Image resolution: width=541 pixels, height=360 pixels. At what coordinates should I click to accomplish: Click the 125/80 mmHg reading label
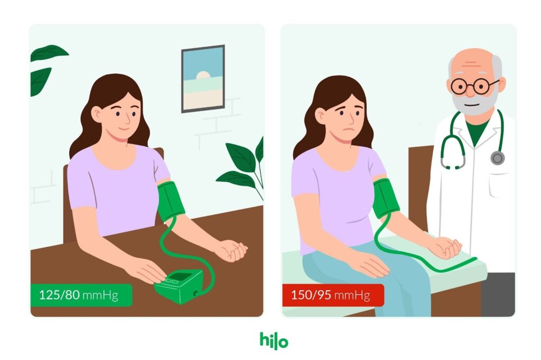[x=81, y=295]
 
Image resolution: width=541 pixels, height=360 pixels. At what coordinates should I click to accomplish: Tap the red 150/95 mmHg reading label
[x=333, y=295]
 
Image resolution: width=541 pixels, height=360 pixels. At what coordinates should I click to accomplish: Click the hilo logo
[x=274, y=340]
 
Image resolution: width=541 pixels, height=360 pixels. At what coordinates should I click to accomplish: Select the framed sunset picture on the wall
[x=203, y=79]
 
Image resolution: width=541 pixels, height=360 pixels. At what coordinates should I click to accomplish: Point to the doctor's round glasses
[x=474, y=86]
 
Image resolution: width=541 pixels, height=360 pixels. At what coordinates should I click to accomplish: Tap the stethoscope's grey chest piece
[x=497, y=158]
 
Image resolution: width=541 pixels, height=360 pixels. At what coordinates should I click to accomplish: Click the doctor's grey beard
[x=475, y=102]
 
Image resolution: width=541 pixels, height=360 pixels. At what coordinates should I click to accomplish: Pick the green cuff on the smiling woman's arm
[x=171, y=201]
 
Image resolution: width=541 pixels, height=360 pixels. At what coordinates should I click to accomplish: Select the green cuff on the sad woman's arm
[x=386, y=198]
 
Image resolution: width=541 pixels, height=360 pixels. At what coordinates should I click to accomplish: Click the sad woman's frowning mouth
[x=351, y=130]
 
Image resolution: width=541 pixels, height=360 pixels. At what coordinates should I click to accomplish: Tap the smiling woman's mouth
[x=124, y=129]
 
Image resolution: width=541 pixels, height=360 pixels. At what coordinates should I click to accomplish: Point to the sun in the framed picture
[x=203, y=75]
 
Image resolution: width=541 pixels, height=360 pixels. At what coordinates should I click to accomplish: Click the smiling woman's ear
[x=96, y=114]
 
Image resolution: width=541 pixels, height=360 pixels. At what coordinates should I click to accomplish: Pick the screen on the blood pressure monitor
[x=180, y=276]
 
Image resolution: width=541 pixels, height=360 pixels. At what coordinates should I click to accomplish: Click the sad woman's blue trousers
[x=369, y=276]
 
